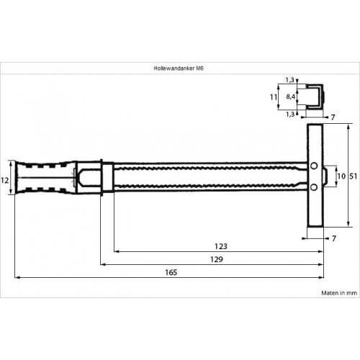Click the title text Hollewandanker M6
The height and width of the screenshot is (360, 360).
[x=179, y=68]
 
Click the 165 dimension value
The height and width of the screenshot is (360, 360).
[x=171, y=272]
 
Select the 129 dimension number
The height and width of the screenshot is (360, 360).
[x=217, y=259]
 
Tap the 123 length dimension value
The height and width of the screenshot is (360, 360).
[x=221, y=246]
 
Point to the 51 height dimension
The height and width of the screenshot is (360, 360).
[x=354, y=176]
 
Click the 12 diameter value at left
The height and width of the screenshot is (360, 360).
[x=4, y=180]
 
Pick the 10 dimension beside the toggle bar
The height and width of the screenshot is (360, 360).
[x=341, y=176]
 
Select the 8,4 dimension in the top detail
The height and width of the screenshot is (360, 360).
[x=290, y=97]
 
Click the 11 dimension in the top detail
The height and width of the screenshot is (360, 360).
[x=274, y=97]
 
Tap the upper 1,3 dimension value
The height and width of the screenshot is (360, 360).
[x=290, y=80]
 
